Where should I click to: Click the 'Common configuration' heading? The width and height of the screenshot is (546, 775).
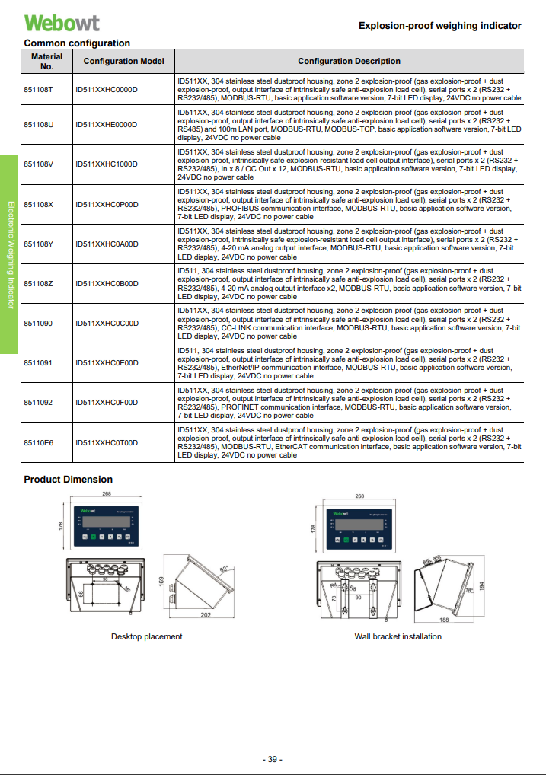tap(77, 43)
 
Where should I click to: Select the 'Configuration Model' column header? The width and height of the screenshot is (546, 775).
tap(124, 61)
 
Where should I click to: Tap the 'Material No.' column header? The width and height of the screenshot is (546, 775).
tap(47, 61)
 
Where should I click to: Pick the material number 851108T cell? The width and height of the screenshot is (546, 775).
tap(39, 89)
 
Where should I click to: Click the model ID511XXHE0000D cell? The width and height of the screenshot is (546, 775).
tap(107, 124)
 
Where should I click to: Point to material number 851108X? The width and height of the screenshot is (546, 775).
tap(39, 204)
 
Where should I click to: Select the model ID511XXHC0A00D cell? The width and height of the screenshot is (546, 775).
tap(107, 244)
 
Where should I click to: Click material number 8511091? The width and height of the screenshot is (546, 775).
tap(38, 363)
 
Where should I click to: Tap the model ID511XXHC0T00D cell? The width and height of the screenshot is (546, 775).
tap(107, 442)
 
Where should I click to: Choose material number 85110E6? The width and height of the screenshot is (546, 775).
tap(39, 442)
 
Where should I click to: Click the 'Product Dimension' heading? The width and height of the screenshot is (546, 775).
tap(68, 480)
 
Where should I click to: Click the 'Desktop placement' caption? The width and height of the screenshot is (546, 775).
tap(147, 636)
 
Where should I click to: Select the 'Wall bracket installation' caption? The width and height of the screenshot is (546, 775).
tap(398, 636)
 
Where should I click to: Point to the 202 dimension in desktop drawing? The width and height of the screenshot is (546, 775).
tap(206, 616)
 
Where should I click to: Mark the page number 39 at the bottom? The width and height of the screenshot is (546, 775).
tap(273, 759)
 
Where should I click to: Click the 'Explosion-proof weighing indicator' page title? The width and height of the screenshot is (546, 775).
tap(439, 26)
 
